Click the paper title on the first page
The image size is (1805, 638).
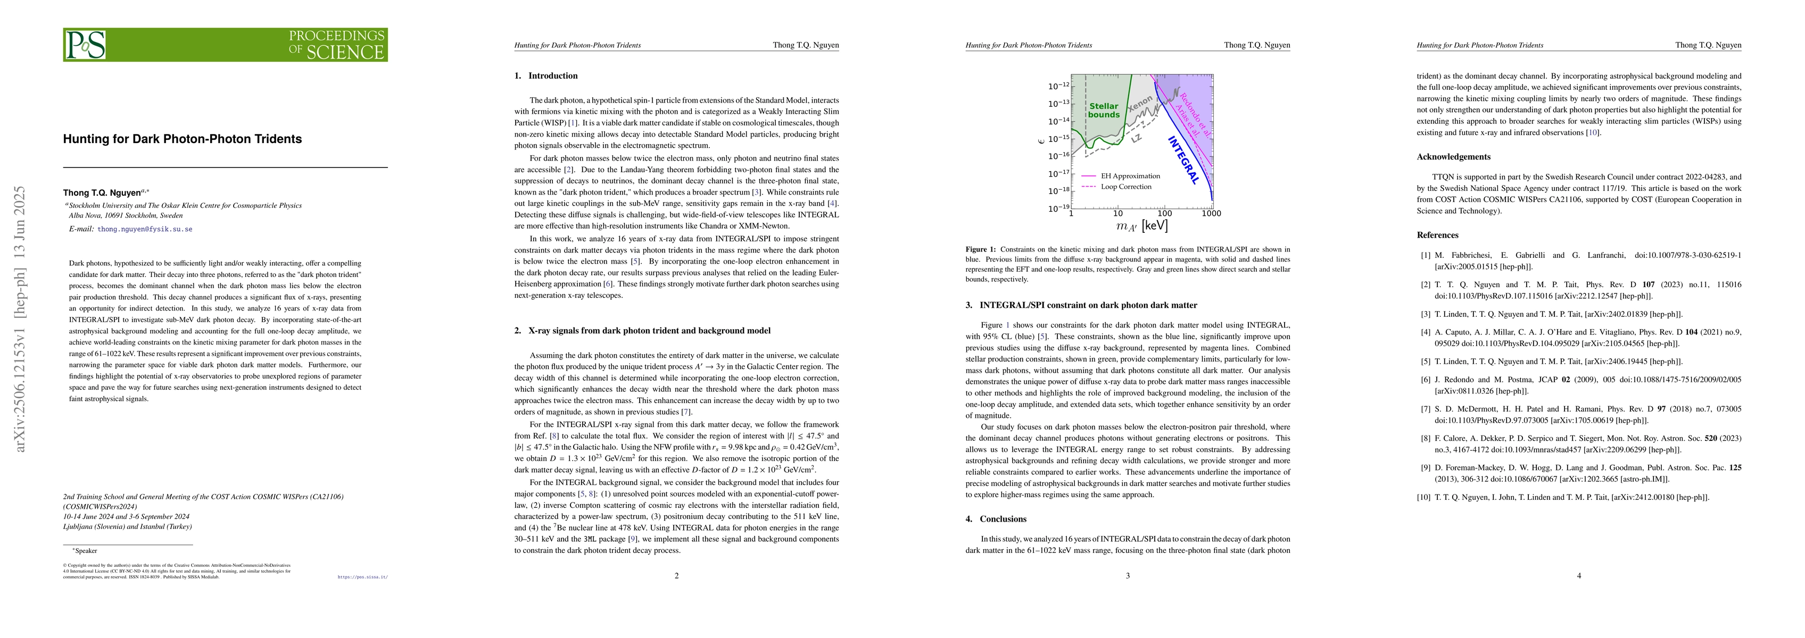[x=182, y=139]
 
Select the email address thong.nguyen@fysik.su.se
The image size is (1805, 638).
[x=144, y=229]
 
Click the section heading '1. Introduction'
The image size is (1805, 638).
[x=546, y=75]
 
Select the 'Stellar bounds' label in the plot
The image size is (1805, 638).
[x=1104, y=111]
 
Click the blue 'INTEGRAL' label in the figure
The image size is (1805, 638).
[x=1183, y=159]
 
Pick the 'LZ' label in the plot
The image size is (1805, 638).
[x=1137, y=139]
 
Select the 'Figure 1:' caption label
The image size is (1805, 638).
[x=980, y=249]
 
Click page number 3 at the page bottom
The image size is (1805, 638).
[x=1128, y=576]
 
